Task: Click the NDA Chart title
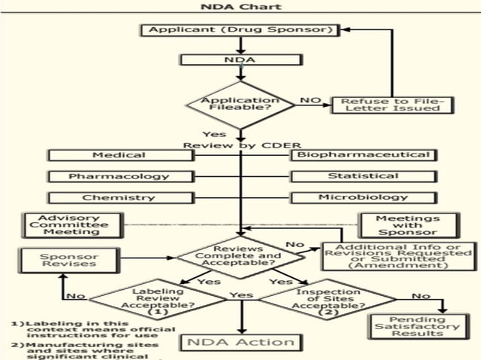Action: coord(240,7)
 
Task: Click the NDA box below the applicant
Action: coord(240,58)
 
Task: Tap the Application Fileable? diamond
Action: coord(240,105)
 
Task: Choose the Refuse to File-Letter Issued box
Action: coord(394,104)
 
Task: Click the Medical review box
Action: coord(119,155)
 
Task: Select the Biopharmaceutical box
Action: coord(363,155)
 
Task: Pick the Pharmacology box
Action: coord(119,176)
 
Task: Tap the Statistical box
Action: coord(363,176)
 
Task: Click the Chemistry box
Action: coord(119,197)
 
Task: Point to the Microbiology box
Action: coord(363,197)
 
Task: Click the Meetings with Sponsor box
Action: coord(407,225)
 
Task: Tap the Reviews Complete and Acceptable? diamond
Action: coord(239,256)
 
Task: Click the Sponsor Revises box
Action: coord(69,260)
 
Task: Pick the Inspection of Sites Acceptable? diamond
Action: coord(317,302)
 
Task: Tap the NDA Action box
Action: coord(240,341)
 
